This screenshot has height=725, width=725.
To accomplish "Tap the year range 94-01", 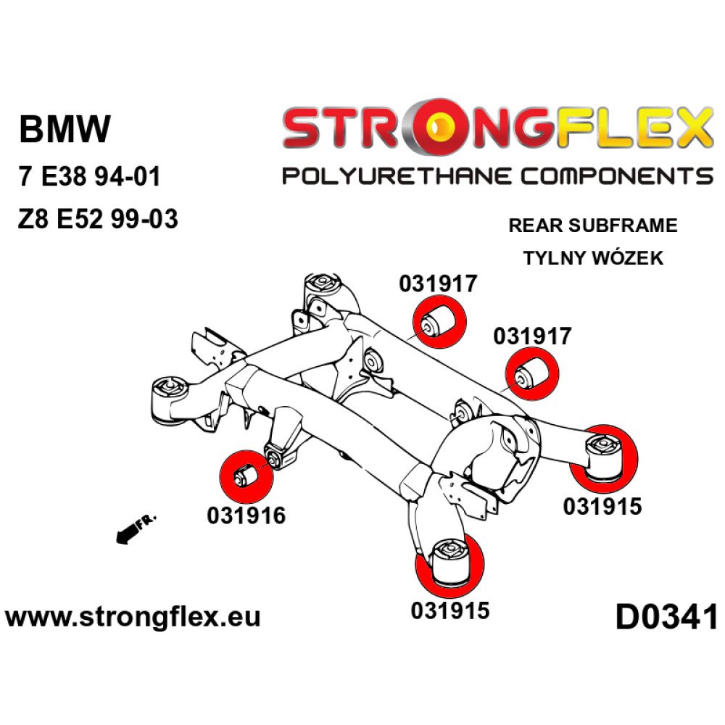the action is coord(131,176).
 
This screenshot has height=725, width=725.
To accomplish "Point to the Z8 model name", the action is coord(33,218).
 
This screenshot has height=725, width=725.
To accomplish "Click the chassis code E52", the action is coord(79,218).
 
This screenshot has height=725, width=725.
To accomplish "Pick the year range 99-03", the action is coord(144,218).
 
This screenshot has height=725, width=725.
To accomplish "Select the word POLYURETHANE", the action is coord(397,177).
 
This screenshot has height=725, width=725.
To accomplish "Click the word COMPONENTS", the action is coord(617,177).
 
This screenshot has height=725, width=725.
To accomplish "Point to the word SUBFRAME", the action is coord(623,225).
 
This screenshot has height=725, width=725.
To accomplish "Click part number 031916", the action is coord(246,515).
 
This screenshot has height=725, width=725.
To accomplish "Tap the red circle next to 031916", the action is coord(246,477).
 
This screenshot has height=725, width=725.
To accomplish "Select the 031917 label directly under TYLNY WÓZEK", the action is coord(532,336).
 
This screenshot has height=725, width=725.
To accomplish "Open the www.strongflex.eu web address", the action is coord(133,617).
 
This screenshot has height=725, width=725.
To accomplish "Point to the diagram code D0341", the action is coord(666,617).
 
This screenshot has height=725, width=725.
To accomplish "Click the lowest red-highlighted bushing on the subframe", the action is coord(449,565).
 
